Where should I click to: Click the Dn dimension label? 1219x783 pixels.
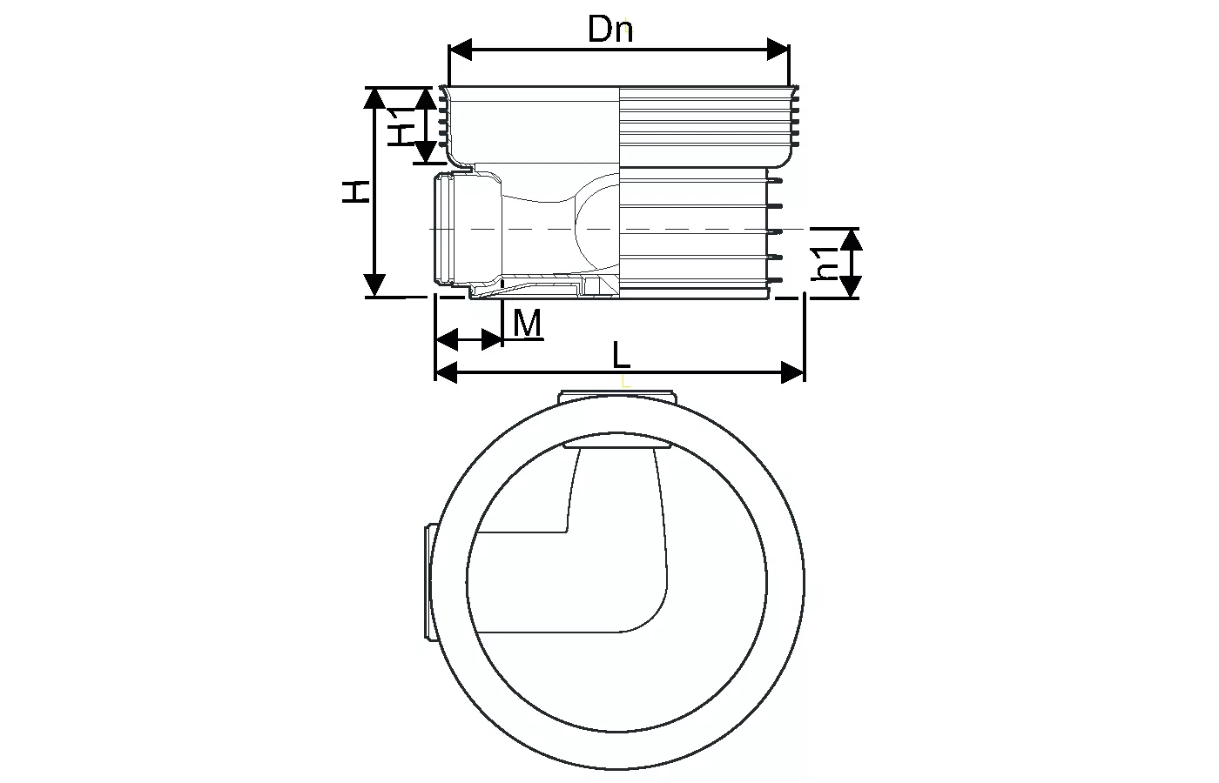(610, 30)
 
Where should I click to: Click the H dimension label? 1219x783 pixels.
(356, 191)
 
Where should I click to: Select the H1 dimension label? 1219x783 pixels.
(400, 124)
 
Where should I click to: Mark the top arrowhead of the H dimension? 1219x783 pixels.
(374, 97)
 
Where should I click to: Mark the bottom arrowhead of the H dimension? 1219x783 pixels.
(374, 285)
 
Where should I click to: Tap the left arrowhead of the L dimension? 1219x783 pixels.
(446, 373)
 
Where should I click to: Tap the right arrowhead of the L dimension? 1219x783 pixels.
(792, 373)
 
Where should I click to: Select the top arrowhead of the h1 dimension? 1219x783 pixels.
(851, 240)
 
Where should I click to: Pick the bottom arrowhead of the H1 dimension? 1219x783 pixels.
(425, 153)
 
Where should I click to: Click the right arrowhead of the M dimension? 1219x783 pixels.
(493, 338)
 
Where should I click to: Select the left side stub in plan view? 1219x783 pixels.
(428, 582)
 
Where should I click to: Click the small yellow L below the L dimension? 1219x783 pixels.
(625, 381)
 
